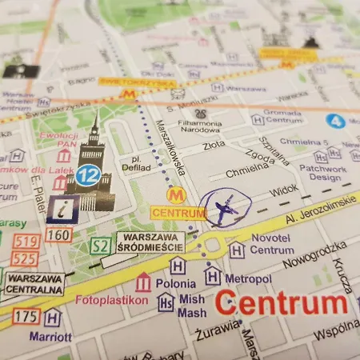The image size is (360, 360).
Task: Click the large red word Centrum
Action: tap(281, 303)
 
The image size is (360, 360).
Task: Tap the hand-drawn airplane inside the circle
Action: tap(225, 210)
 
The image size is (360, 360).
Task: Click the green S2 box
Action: tap(99, 246)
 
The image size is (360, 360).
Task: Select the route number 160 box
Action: tap(58, 235)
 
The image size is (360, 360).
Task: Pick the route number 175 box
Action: tap(26, 317)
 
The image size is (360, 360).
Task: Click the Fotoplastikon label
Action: tap(111, 301)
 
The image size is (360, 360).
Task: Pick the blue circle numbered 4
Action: tap(335, 121)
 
